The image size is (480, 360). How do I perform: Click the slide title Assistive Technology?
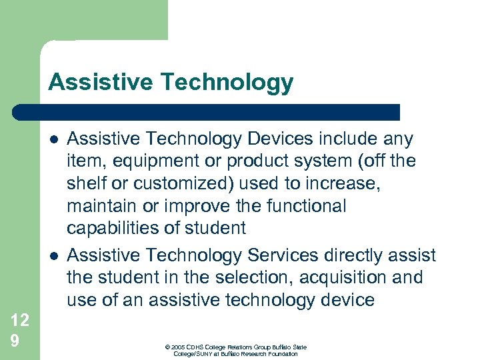(x=171, y=82)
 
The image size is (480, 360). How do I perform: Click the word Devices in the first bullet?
(x=280, y=139)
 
